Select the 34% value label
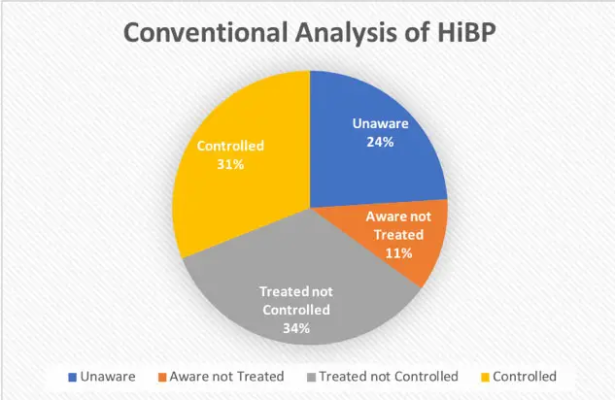coord(296,328)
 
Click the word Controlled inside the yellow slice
coord(230,146)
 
